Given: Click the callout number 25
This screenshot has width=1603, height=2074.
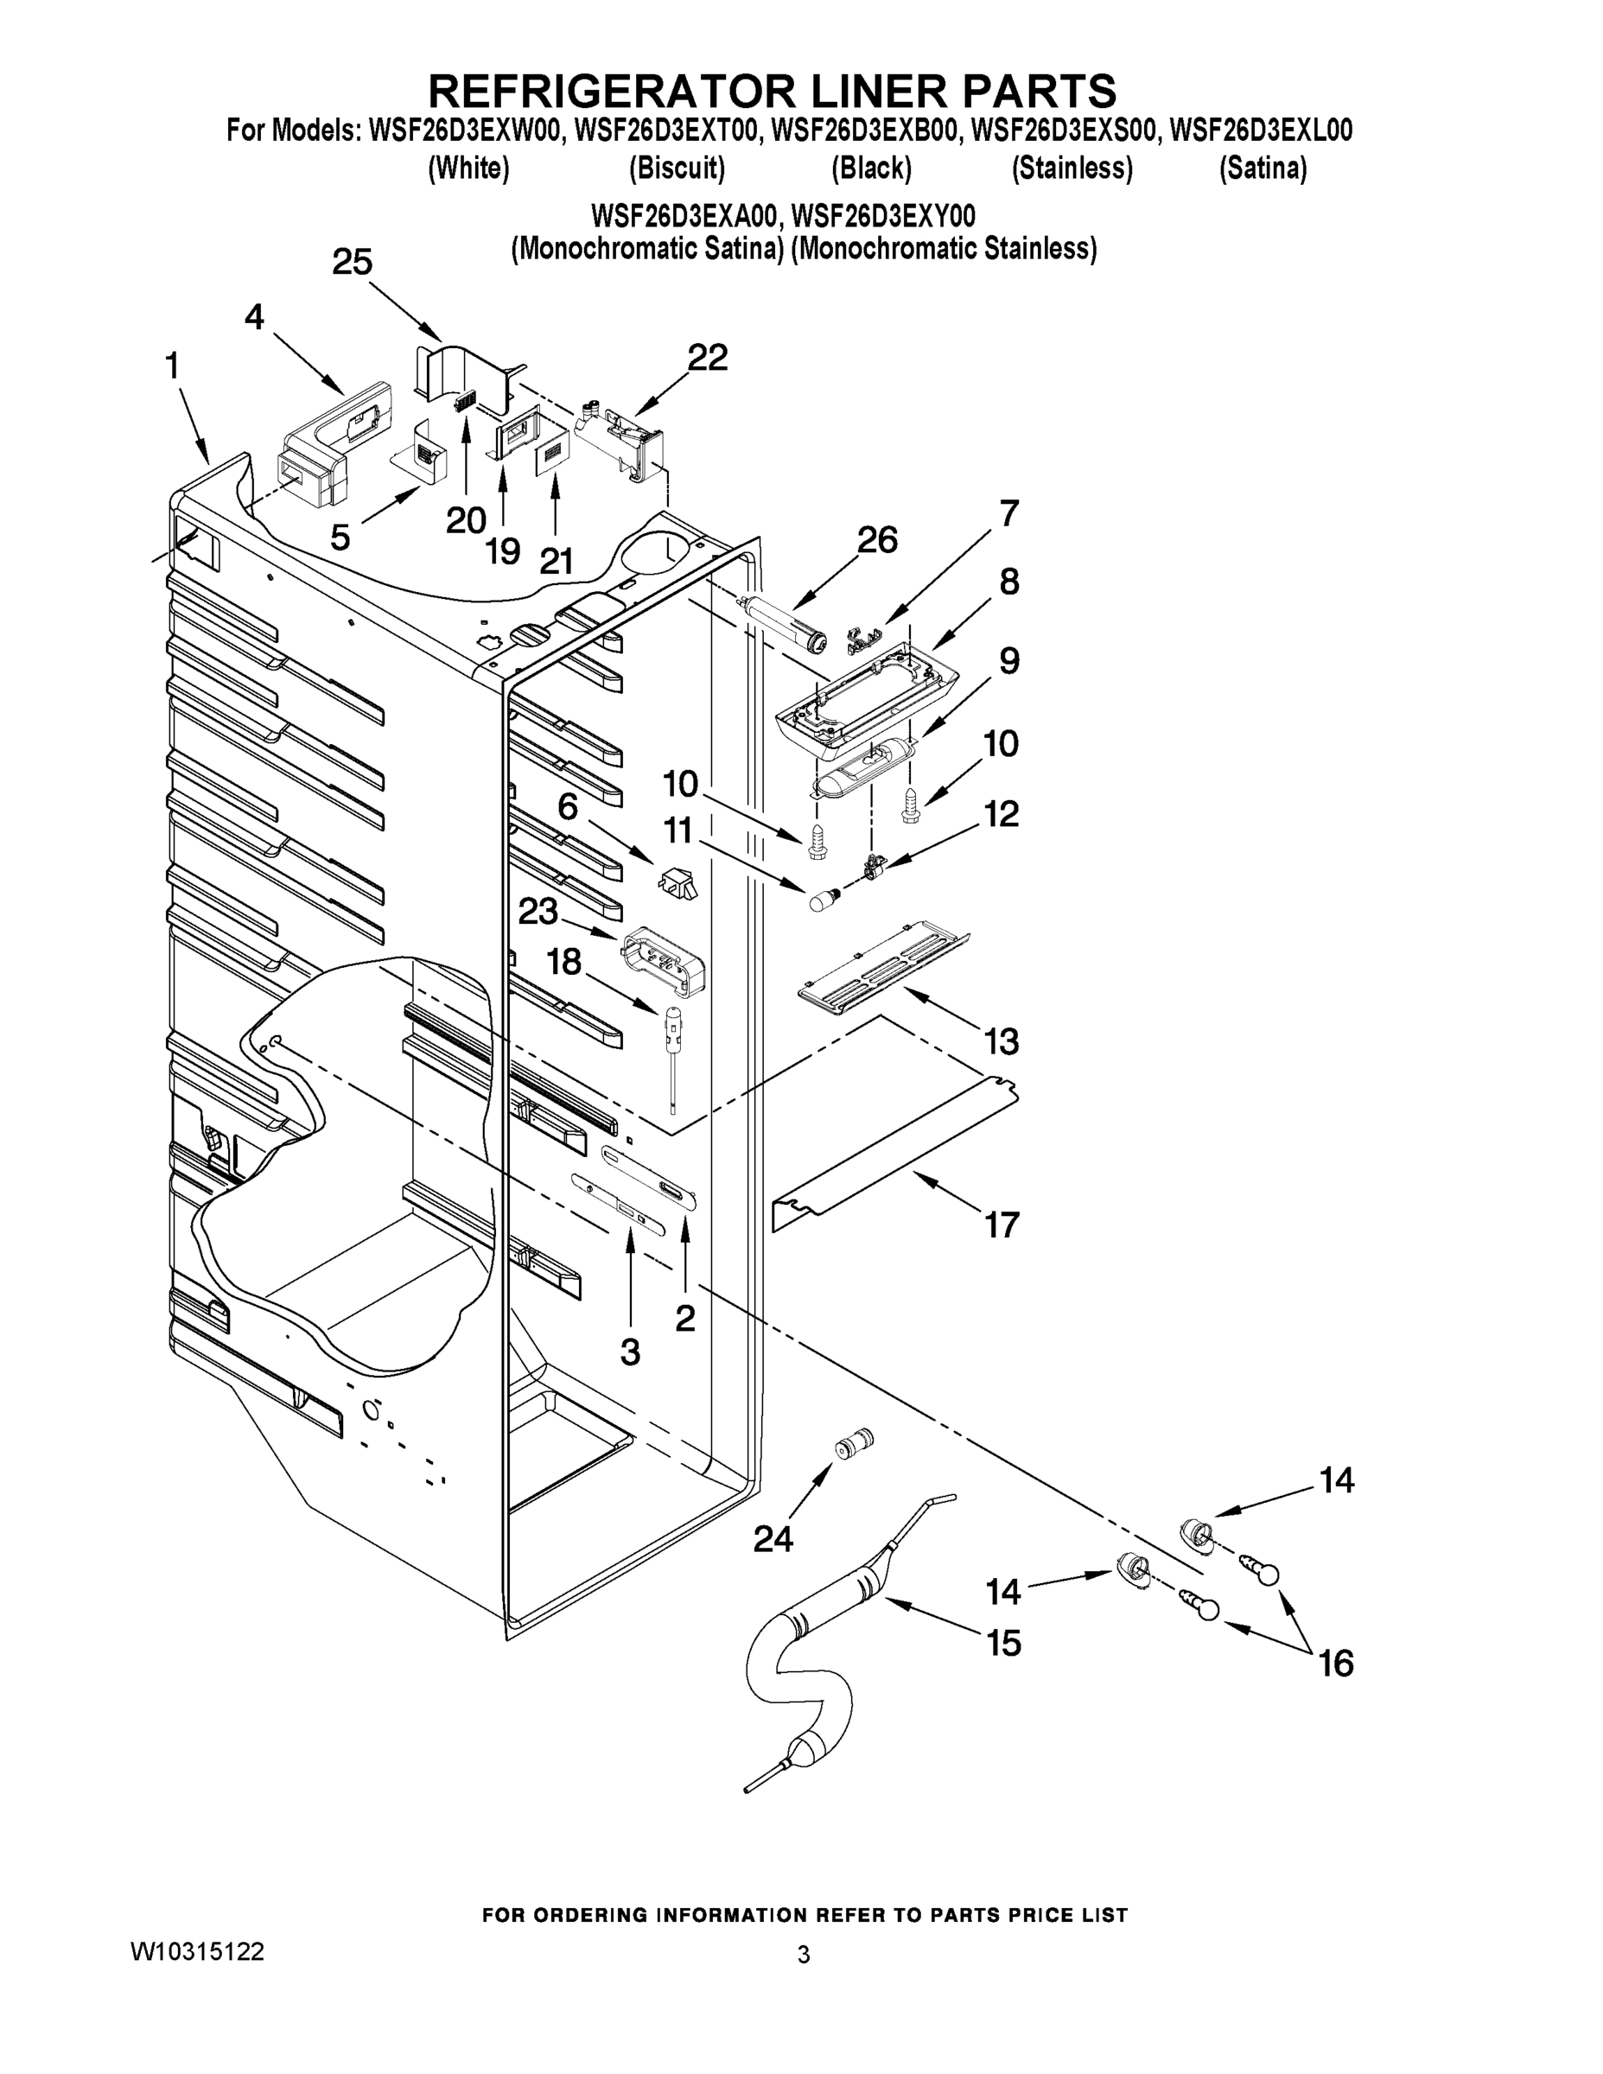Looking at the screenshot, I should (x=352, y=262).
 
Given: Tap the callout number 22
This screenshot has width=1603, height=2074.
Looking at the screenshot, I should (x=707, y=358).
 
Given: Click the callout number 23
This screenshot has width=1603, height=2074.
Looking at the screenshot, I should (x=538, y=912).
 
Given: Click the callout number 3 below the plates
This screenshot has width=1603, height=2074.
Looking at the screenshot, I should (x=630, y=1352).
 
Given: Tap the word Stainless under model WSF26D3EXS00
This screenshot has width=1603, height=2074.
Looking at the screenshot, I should (x=1072, y=169).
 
